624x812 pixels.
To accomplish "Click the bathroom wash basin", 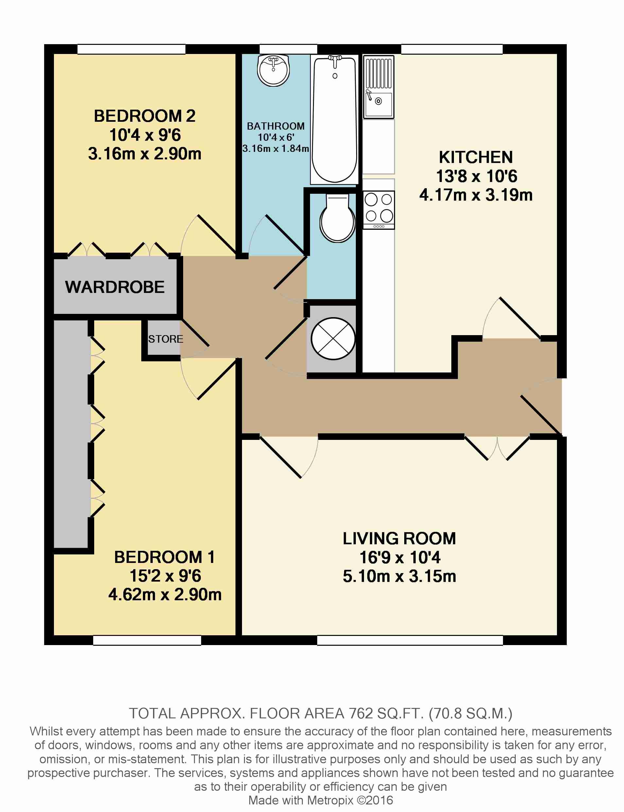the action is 273,71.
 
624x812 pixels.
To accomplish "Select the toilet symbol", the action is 337,218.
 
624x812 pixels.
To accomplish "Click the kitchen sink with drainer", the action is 378,87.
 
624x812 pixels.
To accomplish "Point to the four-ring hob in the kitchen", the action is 378,209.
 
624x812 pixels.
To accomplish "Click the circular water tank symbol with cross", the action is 333,338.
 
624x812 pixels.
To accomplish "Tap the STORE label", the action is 166,339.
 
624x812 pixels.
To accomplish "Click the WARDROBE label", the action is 115,287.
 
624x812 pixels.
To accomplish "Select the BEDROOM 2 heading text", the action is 145,116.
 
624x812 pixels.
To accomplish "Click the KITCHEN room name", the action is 476,157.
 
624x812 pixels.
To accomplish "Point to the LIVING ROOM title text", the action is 399,538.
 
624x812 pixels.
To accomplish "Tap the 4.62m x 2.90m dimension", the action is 165,595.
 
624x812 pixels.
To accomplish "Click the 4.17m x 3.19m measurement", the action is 476,195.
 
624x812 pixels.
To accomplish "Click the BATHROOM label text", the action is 276,126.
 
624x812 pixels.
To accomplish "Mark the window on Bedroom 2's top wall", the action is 131,49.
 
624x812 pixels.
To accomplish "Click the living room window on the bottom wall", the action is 410,640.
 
